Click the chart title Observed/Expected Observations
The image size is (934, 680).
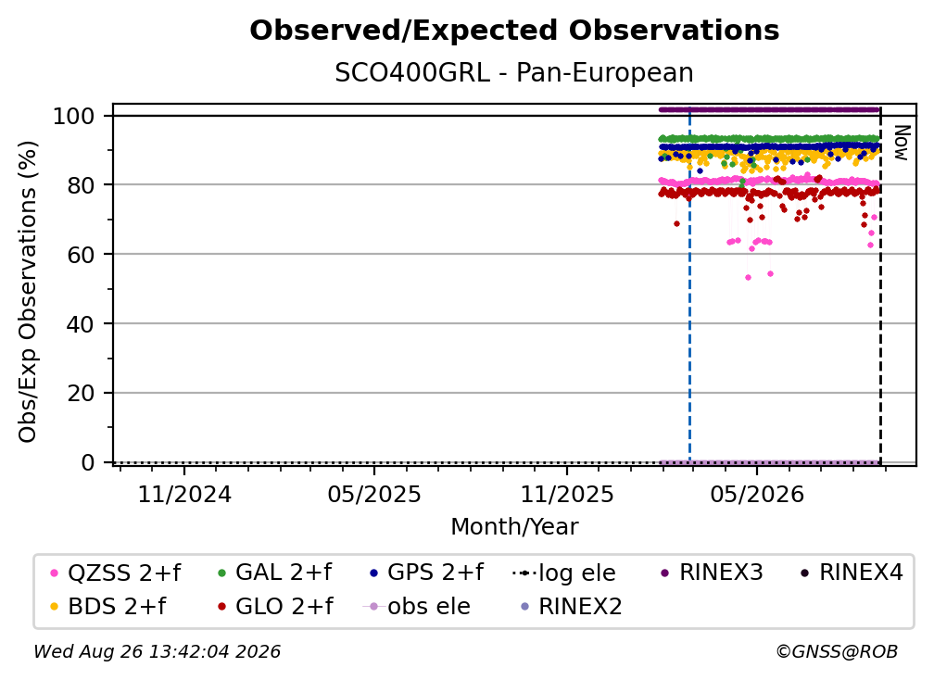[x=514, y=31]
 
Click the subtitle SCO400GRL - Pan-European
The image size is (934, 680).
[x=514, y=72]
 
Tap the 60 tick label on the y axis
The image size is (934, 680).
[x=81, y=254]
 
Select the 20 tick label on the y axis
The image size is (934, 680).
[x=81, y=393]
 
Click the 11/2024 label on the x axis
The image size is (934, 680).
[x=184, y=494]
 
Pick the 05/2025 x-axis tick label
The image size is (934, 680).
[x=374, y=494]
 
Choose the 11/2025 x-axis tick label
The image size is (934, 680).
[x=567, y=494]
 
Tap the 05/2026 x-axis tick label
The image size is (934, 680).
[x=757, y=494]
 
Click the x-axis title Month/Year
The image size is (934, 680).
[x=514, y=527]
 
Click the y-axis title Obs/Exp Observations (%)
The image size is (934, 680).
[x=28, y=292]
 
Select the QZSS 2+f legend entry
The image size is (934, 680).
[x=116, y=573]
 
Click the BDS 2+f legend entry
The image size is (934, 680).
[x=108, y=607]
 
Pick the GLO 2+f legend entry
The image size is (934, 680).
[x=276, y=607]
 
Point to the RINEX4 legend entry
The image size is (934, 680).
[x=852, y=573]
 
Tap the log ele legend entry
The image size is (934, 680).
[x=564, y=573]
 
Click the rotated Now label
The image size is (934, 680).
[x=902, y=143]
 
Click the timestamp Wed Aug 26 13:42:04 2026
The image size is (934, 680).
[x=158, y=651]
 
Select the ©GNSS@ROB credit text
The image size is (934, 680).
[x=837, y=651]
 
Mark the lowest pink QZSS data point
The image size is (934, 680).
[x=748, y=278]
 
